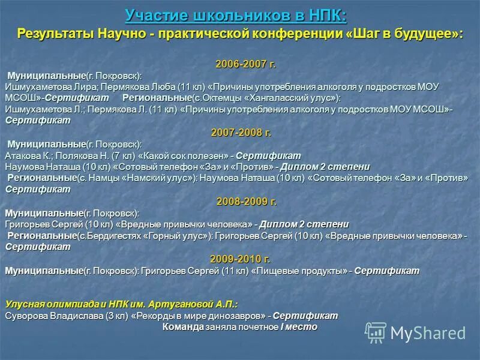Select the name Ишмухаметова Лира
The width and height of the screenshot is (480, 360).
[x=50, y=87]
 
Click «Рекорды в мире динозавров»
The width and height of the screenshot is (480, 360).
[x=199, y=316]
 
